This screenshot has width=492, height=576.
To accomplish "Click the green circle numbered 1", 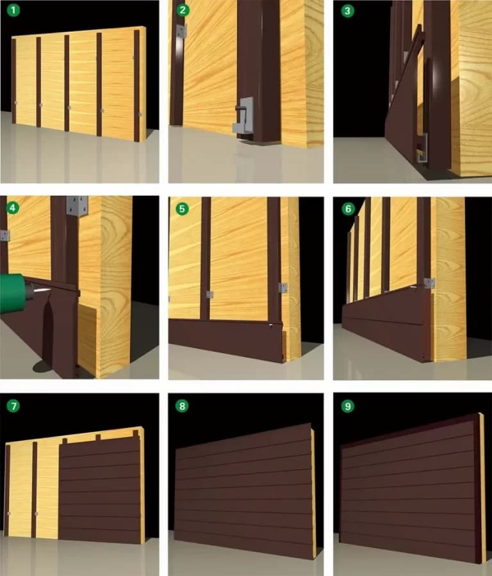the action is click(x=13, y=10).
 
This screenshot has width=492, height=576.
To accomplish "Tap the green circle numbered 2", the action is click(x=183, y=10).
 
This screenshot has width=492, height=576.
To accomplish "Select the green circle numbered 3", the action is click(x=347, y=11).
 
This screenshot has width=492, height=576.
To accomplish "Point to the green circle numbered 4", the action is click(x=13, y=208).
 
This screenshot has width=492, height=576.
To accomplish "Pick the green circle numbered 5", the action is click(x=182, y=209).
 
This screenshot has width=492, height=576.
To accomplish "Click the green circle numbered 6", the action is click(x=348, y=209).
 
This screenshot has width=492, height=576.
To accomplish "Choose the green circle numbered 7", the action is click(x=13, y=406).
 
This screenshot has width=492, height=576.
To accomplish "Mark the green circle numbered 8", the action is click(x=182, y=406).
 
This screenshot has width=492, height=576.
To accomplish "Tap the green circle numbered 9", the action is click(x=347, y=406).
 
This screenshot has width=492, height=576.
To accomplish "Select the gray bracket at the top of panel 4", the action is click(x=78, y=206).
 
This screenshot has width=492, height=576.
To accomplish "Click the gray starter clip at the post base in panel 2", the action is click(x=243, y=116).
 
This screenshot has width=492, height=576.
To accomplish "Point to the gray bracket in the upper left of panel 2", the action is click(x=181, y=31).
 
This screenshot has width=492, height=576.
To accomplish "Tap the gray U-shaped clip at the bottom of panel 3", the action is click(x=422, y=148).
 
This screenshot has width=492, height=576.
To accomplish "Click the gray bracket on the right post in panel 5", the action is click(x=283, y=287).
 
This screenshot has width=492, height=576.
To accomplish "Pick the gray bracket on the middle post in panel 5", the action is click(x=209, y=294).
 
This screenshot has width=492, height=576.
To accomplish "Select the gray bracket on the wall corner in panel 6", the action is click(x=429, y=283).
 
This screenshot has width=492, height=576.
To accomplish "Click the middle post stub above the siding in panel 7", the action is click(x=98, y=437).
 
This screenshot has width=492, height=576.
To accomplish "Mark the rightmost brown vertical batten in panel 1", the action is click(x=137, y=86).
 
